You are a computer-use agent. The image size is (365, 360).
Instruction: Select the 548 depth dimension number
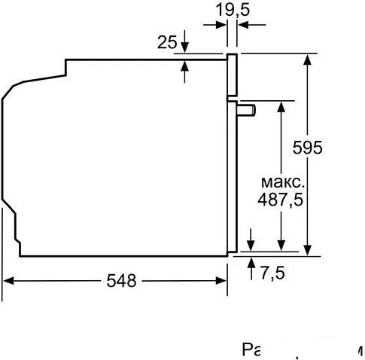click(120, 281)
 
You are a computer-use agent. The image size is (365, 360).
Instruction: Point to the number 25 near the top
click(166, 42)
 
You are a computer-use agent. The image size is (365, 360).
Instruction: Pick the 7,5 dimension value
click(272, 273)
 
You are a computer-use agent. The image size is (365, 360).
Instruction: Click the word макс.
click(283, 183)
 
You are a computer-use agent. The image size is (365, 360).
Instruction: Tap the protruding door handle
click(246, 110)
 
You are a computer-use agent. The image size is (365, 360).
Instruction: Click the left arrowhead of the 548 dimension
click(9, 281)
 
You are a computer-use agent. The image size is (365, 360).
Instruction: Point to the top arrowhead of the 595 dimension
click(307, 59)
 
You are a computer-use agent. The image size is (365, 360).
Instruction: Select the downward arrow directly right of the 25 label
click(185, 47)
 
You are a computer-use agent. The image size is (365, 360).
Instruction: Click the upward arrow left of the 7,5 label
click(251, 263)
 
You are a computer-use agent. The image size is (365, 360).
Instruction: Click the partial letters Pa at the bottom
click(251, 350)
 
